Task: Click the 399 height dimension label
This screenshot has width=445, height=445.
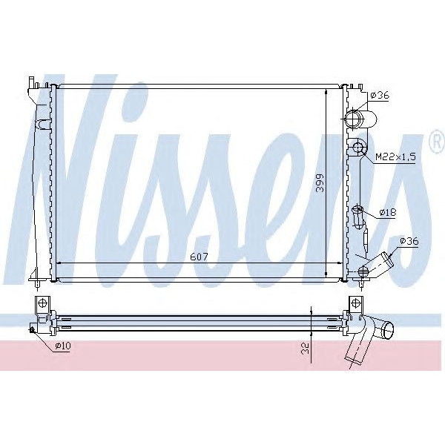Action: pyautogui.click(x=320, y=183)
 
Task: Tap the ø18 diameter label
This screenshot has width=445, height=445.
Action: pyautogui.click(x=387, y=212)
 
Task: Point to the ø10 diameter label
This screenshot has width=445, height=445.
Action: pyautogui.click(x=62, y=346)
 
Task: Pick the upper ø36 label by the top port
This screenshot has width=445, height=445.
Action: pyautogui.click(x=380, y=95)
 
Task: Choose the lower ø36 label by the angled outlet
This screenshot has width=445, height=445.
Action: pyautogui.click(x=409, y=241)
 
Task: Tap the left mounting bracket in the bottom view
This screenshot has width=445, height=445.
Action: pyautogui.click(x=42, y=304)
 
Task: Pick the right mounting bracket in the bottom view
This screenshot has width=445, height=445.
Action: pyautogui.click(x=357, y=303)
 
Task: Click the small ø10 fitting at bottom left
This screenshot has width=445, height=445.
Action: pyautogui.click(x=33, y=329)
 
